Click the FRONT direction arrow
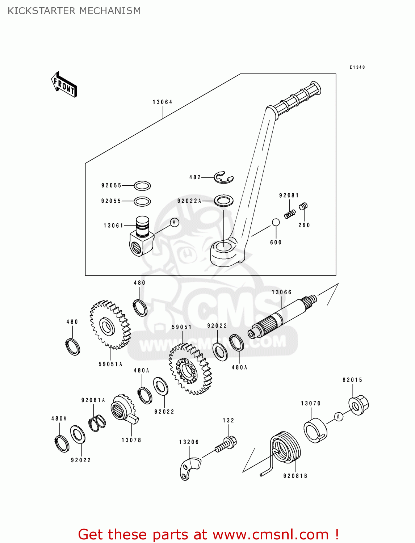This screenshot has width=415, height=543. point(64,85)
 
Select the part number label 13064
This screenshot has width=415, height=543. point(162,102)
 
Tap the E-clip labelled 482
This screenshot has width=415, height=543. point(223,177)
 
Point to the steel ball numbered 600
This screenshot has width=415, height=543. point(276,222)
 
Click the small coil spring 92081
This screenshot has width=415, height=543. point(290,214)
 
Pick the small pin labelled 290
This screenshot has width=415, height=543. point(303,206)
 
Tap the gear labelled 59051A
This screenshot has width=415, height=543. point(110,325)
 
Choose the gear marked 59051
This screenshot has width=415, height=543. point(190,369)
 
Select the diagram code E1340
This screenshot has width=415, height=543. point(357,67)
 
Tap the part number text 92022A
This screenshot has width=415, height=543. point(189,201)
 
